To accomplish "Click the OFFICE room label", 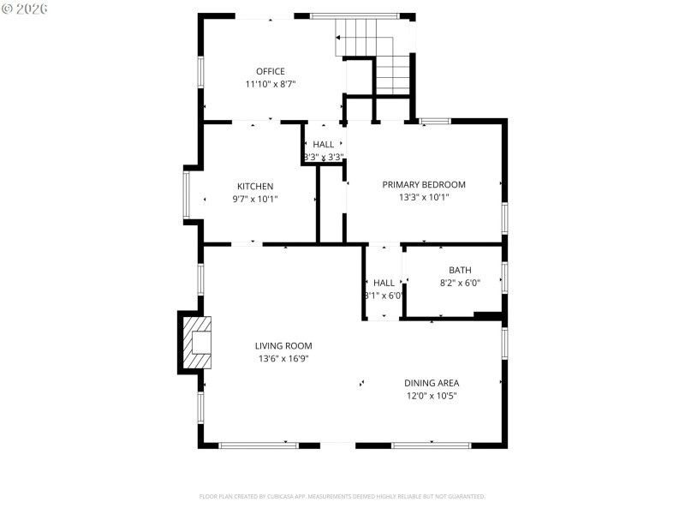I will pyautogui.click(x=270, y=71).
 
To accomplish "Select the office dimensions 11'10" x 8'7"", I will pyautogui.click(x=270, y=84).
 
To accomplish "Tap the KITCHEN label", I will pyautogui.click(x=255, y=186).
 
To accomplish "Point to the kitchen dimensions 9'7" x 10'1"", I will pyautogui.click(x=255, y=199).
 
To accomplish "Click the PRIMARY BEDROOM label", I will pyautogui.click(x=424, y=184).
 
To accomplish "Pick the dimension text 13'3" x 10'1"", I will pyautogui.click(x=424, y=197).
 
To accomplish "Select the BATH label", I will pyautogui.click(x=460, y=270).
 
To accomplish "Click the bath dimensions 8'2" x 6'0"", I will pyautogui.click(x=460, y=283).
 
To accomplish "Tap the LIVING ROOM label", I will pyautogui.click(x=283, y=346).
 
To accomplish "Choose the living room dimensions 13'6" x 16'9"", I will pyautogui.click(x=283, y=359).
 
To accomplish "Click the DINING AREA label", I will pyautogui.click(x=432, y=383).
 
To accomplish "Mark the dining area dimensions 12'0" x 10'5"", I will pyautogui.click(x=432, y=396).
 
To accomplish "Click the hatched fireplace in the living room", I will pyautogui.click(x=195, y=344).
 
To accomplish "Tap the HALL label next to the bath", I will pyautogui.click(x=384, y=283).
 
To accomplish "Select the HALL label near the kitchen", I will pyautogui.click(x=324, y=145).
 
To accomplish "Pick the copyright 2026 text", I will pyautogui.click(x=26, y=8).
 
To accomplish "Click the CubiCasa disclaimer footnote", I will pyautogui.click(x=342, y=496).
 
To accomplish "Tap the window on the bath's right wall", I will pyautogui.click(x=504, y=277).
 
